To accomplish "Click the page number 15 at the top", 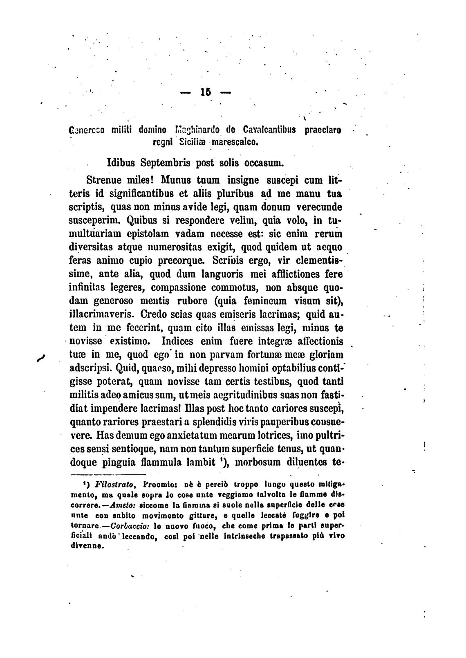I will pos(205,93).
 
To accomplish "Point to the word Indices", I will pos(179,341).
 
